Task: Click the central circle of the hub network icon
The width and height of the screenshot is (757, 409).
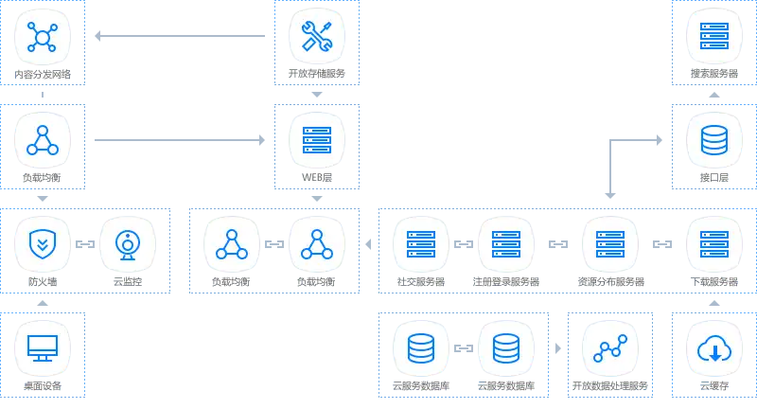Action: [x=43, y=37]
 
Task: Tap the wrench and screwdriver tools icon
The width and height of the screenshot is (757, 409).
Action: [x=316, y=37]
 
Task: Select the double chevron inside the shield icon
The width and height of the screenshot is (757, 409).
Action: [x=43, y=241]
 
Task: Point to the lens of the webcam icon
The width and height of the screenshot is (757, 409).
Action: [x=127, y=241]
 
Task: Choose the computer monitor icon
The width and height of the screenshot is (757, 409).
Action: [x=43, y=347]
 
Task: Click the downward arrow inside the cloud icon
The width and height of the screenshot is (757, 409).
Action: [x=714, y=352]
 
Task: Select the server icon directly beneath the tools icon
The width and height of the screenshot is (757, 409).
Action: [x=316, y=140]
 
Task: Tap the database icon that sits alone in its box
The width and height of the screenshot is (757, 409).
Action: [x=714, y=140]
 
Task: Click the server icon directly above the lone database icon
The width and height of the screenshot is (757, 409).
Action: [x=714, y=37]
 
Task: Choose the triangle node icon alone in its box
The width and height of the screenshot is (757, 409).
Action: [x=43, y=140]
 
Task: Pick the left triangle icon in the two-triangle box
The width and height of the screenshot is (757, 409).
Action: [x=231, y=244]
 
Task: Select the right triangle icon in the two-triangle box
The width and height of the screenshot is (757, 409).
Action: [x=316, y=244]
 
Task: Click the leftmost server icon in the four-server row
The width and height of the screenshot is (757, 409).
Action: [x=420, y=244]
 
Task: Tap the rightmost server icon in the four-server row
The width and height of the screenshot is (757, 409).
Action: [x=714, y=244]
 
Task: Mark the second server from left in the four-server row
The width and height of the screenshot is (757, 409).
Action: [x=505, y=244]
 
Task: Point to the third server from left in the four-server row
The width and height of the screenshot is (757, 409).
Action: [x=609, y=244]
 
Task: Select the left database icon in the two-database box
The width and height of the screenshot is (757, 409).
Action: [x=420, y=348]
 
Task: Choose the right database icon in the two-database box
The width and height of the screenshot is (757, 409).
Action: [x=505, y=348]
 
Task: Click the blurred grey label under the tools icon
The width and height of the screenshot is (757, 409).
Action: [x=316, y=75]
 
